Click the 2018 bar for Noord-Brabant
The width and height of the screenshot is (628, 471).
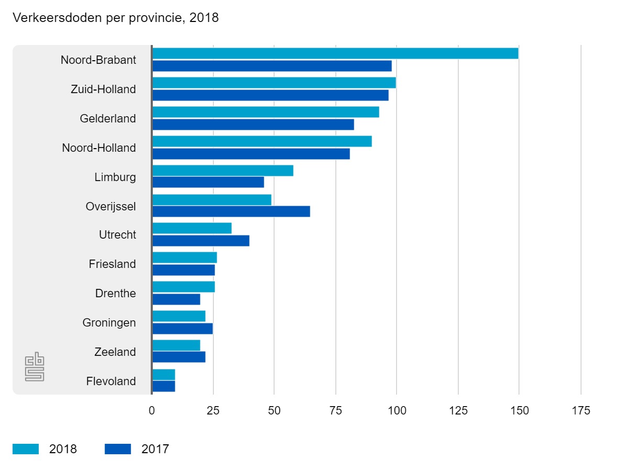tap(335, 53)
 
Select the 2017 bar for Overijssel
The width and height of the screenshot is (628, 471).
tap(231, 211)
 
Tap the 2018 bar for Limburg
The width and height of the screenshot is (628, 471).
tap(222, 171)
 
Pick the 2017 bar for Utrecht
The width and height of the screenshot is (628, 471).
tap(200, 241)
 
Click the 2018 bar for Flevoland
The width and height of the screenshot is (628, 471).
tap(163, 375)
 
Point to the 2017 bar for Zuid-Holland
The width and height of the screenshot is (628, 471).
tap(270, 95)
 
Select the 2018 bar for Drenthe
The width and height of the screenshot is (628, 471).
tap(183, 287)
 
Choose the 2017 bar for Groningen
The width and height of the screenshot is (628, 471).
tap(182, 329)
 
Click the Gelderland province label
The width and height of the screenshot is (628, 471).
tap(108, 119)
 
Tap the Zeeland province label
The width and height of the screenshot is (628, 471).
tap(115, 352)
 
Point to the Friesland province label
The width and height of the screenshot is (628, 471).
tap(112, 264)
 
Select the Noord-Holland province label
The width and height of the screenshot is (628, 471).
tap(99, 148)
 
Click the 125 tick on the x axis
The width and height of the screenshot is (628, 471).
tap(458, 411)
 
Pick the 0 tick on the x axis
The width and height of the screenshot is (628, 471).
tap(152, 411)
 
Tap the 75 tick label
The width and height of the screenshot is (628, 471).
tap(335, 411)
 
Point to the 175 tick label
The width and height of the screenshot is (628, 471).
tap(580, 411)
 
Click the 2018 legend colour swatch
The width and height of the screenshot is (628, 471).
tap(26, 449)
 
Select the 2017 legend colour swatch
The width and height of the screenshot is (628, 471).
tap(118, 449)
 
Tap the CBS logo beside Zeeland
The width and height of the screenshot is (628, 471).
tap(35, 368)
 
